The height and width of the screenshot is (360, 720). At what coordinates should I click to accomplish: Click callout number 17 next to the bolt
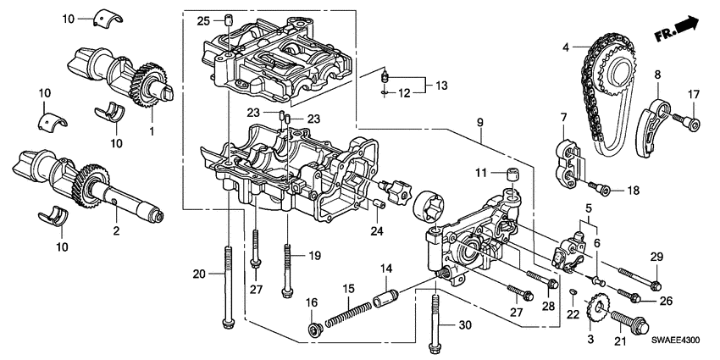[x=692, y=94]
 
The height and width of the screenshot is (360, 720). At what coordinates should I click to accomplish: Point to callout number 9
[x=479, y=123]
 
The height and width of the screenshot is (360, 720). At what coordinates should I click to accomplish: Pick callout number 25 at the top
[x=203, y=20]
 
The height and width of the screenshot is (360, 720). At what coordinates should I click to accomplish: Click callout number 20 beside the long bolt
[x=200, y=273]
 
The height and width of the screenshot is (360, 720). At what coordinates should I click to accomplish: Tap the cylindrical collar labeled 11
[x=511, y=175]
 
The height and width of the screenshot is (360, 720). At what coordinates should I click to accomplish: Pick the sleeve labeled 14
[x=385, y=299]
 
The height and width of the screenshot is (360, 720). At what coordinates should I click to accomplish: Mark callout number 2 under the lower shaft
[x=116, y=230]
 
